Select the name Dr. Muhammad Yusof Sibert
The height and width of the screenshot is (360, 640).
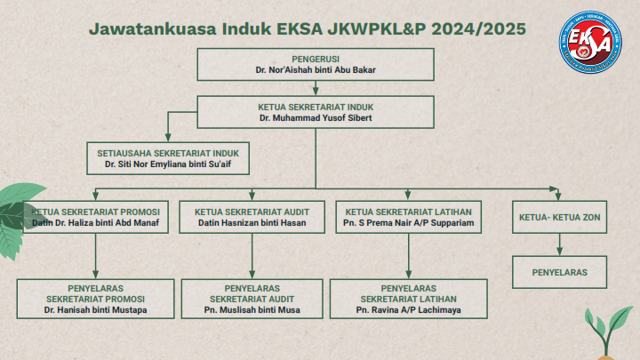point(316,117)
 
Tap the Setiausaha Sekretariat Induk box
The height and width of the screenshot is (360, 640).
point(168,158)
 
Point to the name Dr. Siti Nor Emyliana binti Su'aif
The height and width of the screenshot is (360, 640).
point(168,164)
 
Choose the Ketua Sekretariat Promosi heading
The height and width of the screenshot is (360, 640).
point(95,212)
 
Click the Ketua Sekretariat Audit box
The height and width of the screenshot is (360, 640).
point(252,218)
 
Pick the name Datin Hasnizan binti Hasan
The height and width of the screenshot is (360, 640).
point(252,223)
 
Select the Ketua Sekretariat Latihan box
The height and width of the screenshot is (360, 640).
point(408,218)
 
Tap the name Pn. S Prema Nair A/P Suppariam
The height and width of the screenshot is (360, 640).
point(408,223)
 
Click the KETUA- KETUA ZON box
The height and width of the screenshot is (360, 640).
point(558,218)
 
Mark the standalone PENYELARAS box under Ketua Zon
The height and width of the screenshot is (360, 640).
point(558,271)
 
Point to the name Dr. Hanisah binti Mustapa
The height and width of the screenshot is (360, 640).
point(95,310)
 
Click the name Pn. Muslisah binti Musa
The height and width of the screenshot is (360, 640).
point(252,310)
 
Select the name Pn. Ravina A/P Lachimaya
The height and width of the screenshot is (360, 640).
point(408,310)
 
